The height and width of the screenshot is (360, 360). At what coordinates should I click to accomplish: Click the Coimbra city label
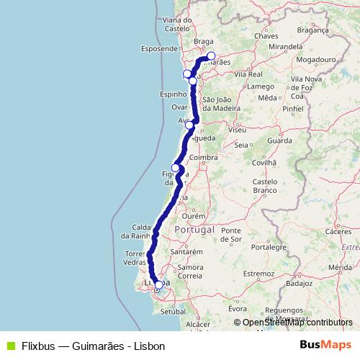[x=203, y=157]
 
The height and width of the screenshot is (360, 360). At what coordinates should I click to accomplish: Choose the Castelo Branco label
[x=265, y=186]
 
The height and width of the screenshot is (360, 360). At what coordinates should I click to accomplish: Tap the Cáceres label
[x=338, y=232]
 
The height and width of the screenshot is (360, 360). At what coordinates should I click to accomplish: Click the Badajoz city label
[x=300, y=284]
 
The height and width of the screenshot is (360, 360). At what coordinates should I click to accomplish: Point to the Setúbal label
[x=174, y=312]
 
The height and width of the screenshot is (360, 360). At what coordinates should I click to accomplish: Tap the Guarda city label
[x=279, y=141]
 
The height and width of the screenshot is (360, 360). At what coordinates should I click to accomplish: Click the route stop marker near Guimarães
[x=211, y=56]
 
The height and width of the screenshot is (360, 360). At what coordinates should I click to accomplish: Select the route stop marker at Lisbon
[x=159, y=285]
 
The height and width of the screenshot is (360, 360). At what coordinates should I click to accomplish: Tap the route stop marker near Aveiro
[x=189, y=125]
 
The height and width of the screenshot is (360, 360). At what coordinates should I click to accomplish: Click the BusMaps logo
[x=325, y=345]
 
